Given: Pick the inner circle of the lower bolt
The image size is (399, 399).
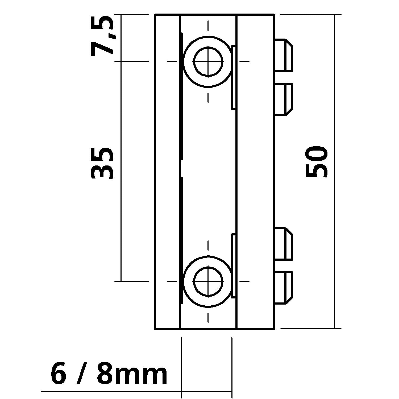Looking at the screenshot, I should [208, 281].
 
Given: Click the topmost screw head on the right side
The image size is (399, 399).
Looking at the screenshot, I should [283, 55].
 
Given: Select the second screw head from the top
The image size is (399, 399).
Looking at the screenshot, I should [283, 99].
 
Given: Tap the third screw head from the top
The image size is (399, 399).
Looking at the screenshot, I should [283, 244].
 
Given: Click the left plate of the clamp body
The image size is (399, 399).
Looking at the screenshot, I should [167, 172].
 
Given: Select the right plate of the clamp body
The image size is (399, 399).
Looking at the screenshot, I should [255, 172].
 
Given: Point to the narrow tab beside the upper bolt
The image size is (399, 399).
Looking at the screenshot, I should [234, 77].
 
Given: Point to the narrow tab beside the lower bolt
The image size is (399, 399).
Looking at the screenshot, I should [234, 265].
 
